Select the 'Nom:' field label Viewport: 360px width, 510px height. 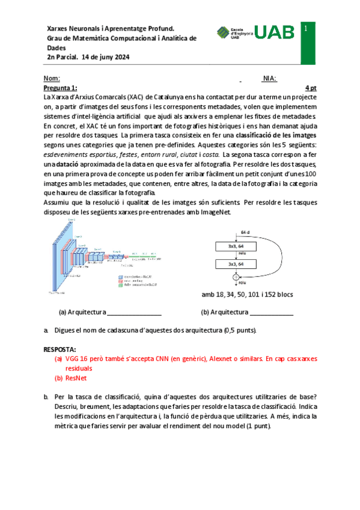52,79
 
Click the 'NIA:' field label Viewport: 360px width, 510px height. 269,79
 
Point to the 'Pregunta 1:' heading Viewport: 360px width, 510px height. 60,87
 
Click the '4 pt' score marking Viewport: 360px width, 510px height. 310,87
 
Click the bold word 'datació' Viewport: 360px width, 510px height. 59,164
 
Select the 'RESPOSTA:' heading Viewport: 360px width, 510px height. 60,349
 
